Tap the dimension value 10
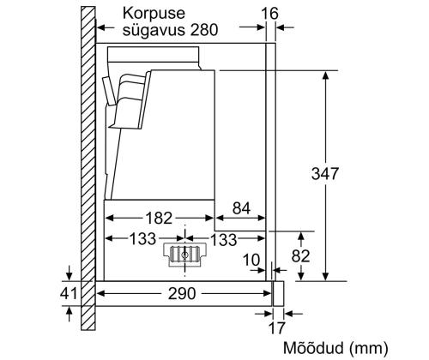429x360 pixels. point(252,259)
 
